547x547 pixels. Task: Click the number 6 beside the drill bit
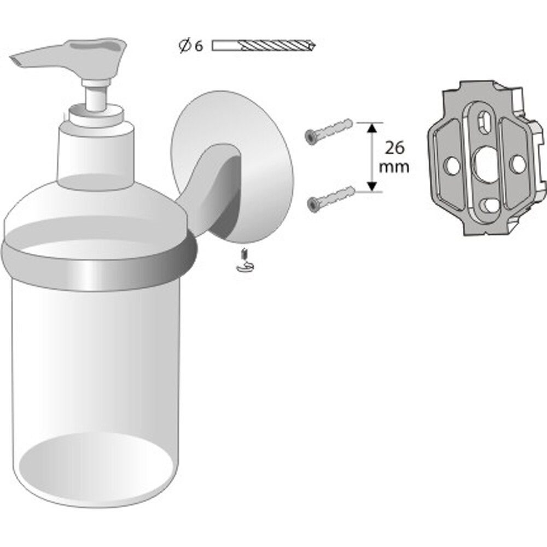click(198, 46)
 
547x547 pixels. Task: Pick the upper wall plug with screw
click(328, 131)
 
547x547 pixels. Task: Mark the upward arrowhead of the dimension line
click(371, 128)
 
